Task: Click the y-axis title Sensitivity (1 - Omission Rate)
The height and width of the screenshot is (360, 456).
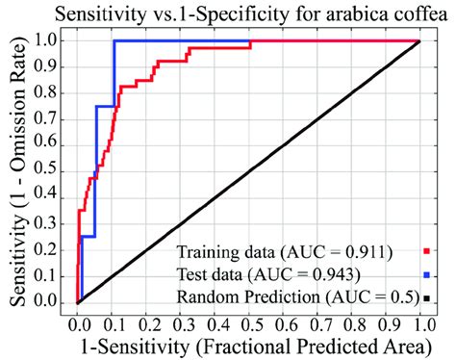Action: point(17,168)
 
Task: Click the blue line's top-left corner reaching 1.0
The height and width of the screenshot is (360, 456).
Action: point(114,40)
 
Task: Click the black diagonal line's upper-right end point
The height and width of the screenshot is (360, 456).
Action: point(418,41)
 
